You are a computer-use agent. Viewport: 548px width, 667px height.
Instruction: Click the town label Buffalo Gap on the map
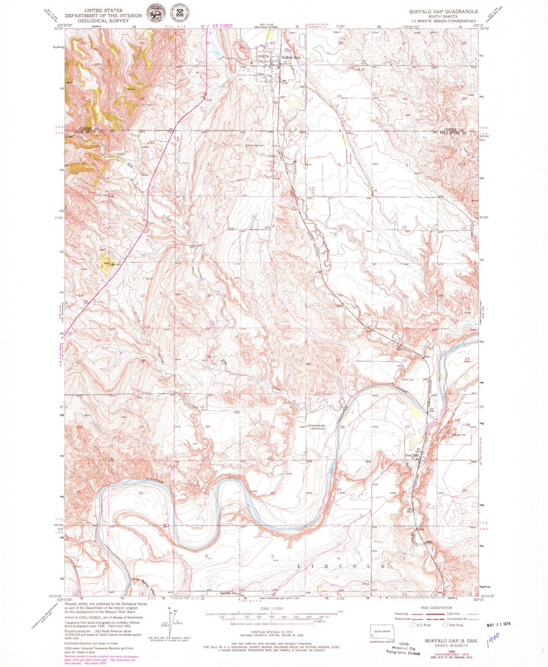click(x=290, y=57)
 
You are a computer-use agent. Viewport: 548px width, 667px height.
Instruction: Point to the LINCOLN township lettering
click(x=344, y=566)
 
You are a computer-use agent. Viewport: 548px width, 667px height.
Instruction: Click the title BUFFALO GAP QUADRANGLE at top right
click(x=443, y=12)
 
